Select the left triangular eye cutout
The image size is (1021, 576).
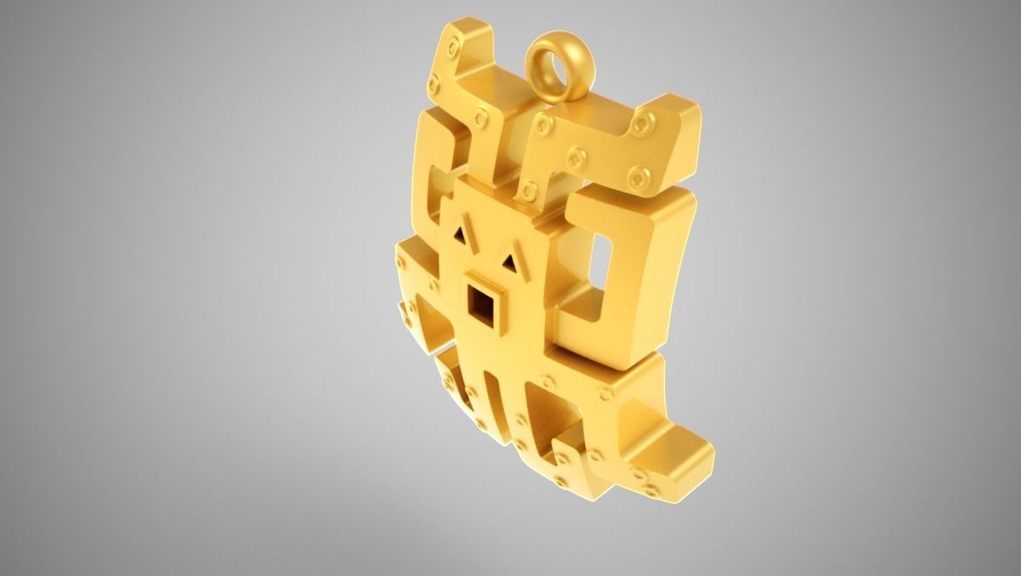click(x=461, y=233)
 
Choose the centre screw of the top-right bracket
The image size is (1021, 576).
click(x=575, y=159)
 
